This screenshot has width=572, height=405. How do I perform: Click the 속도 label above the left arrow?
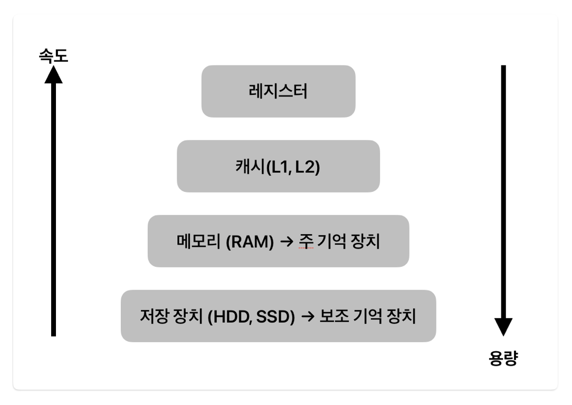tap(53, 55)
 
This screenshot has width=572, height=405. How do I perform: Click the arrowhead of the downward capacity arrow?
tap(503, 326)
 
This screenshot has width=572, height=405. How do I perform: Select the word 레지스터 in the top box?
tap(278, 92)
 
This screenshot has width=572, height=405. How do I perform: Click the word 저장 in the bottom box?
tap(154, 316)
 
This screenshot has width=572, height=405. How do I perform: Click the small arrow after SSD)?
tap(307, 317)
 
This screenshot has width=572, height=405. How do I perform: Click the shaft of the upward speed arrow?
tap(53, 211)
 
